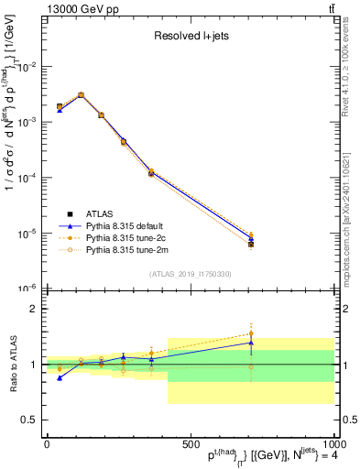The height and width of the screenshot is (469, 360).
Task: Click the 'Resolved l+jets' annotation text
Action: [191, 38]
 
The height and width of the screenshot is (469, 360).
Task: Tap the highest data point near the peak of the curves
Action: [81, 94]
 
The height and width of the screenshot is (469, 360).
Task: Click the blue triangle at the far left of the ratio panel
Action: [60, 377]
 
